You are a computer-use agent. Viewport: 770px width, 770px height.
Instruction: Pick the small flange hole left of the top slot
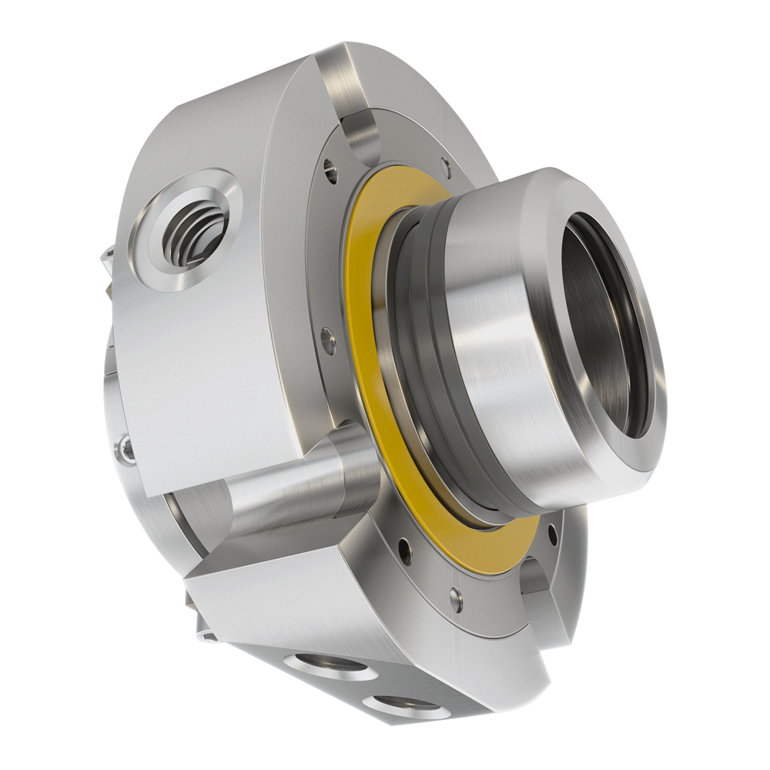tap(330, 167)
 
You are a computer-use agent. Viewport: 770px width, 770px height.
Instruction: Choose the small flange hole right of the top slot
tap(444, 163)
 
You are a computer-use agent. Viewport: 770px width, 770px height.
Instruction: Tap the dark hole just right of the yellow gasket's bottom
tap(551, 530)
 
